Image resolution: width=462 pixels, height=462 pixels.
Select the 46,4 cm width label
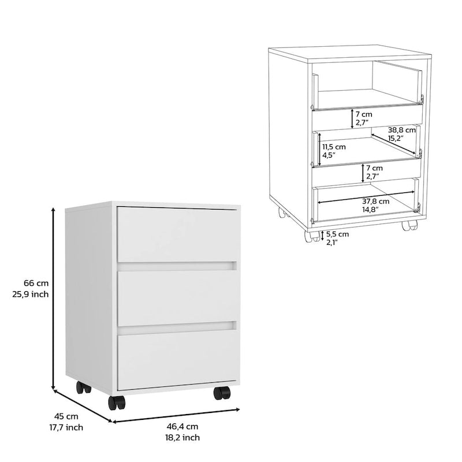182,426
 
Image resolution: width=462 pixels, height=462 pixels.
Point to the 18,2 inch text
182,438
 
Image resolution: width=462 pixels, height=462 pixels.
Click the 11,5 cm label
333,147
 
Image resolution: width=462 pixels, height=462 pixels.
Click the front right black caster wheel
222,393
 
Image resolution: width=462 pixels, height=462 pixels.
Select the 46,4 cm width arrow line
176,415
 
